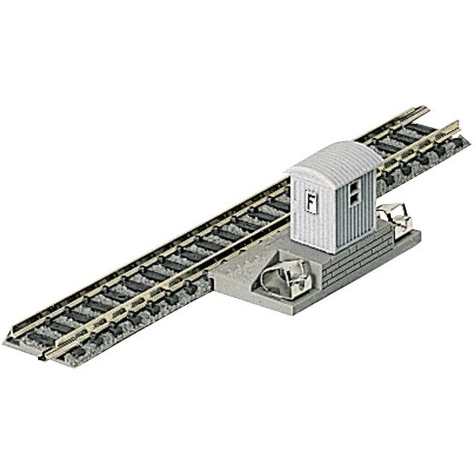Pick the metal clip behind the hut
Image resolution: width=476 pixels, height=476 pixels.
(395, 217)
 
